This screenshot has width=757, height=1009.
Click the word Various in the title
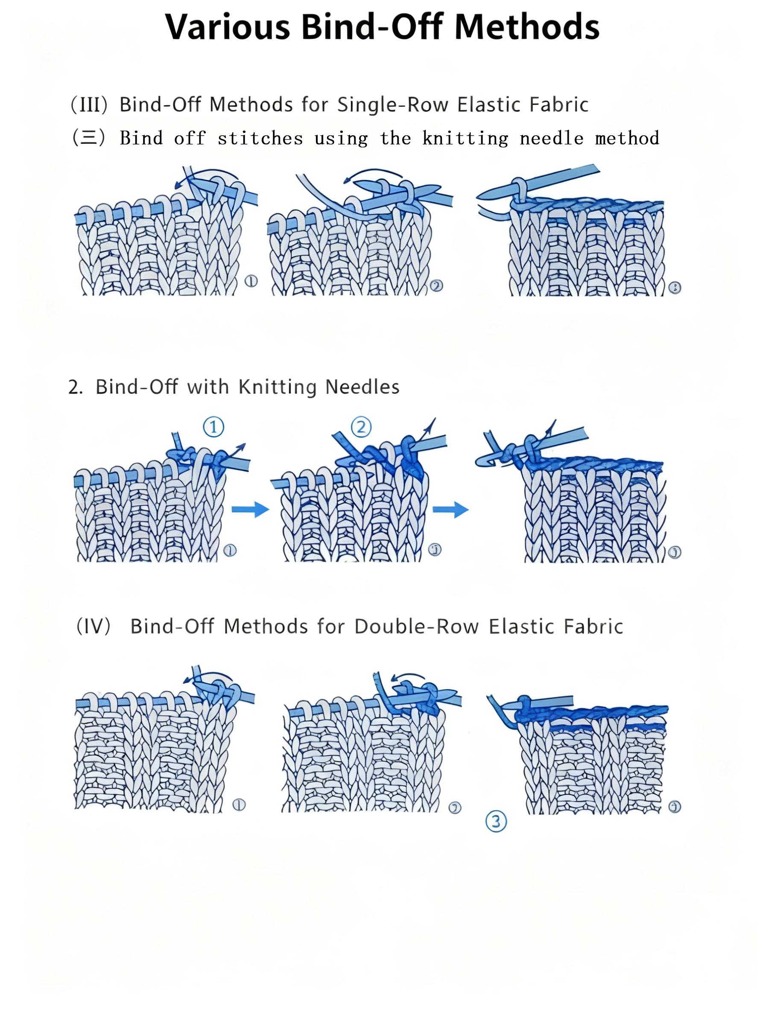point(227,27)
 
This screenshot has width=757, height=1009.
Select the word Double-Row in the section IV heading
point(416,626)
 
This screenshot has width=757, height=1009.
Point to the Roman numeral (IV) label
point(93,626)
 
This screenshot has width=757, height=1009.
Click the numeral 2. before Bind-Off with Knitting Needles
point(75,387)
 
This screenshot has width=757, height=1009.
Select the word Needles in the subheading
point(362,387)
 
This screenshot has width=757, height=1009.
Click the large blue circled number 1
point(213,427)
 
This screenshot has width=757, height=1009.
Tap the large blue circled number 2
point(361,427)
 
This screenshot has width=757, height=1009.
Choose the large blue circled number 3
point(496,822)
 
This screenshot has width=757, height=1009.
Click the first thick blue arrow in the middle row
point(250,509)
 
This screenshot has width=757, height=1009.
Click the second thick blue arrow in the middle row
point(450,509)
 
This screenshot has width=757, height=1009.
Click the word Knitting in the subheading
point(277,387)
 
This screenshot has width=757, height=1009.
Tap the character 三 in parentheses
point(89,137)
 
